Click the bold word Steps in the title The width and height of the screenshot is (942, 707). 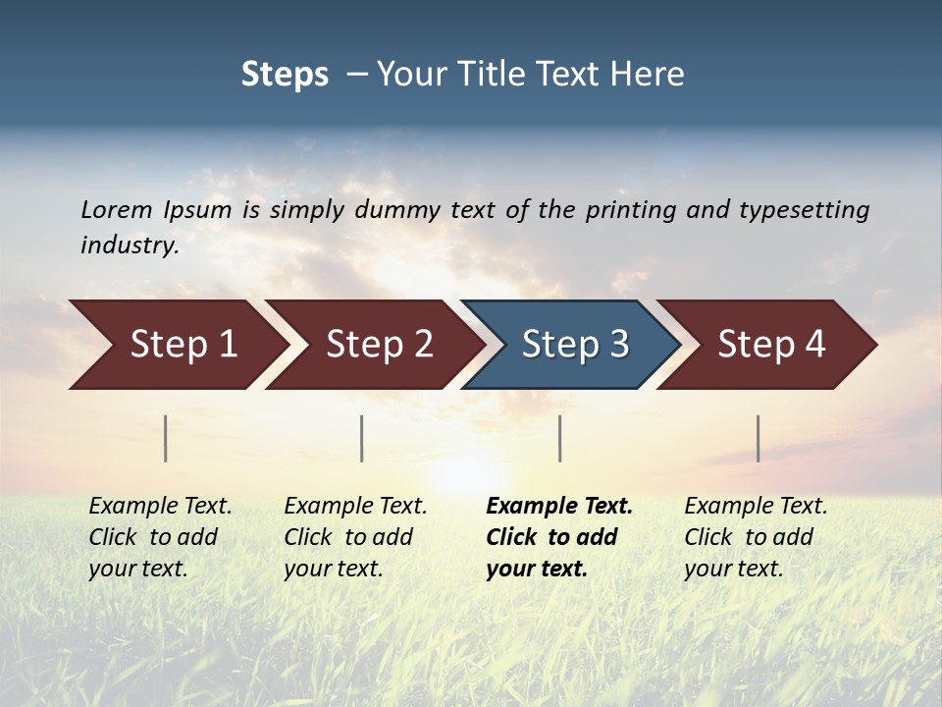285,74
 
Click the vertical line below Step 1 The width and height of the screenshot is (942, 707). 166,438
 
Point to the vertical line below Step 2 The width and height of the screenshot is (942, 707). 362,438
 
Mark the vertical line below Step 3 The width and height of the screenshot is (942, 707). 559,438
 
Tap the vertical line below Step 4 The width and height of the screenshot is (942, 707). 758,438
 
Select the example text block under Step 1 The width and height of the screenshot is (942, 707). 160,536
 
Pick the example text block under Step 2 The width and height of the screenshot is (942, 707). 355,536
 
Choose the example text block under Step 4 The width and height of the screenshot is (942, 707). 756,536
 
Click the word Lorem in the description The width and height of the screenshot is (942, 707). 116,209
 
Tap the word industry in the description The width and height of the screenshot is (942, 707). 129,245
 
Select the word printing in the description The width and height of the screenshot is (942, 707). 630,210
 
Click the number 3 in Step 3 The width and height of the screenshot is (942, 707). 618,344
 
